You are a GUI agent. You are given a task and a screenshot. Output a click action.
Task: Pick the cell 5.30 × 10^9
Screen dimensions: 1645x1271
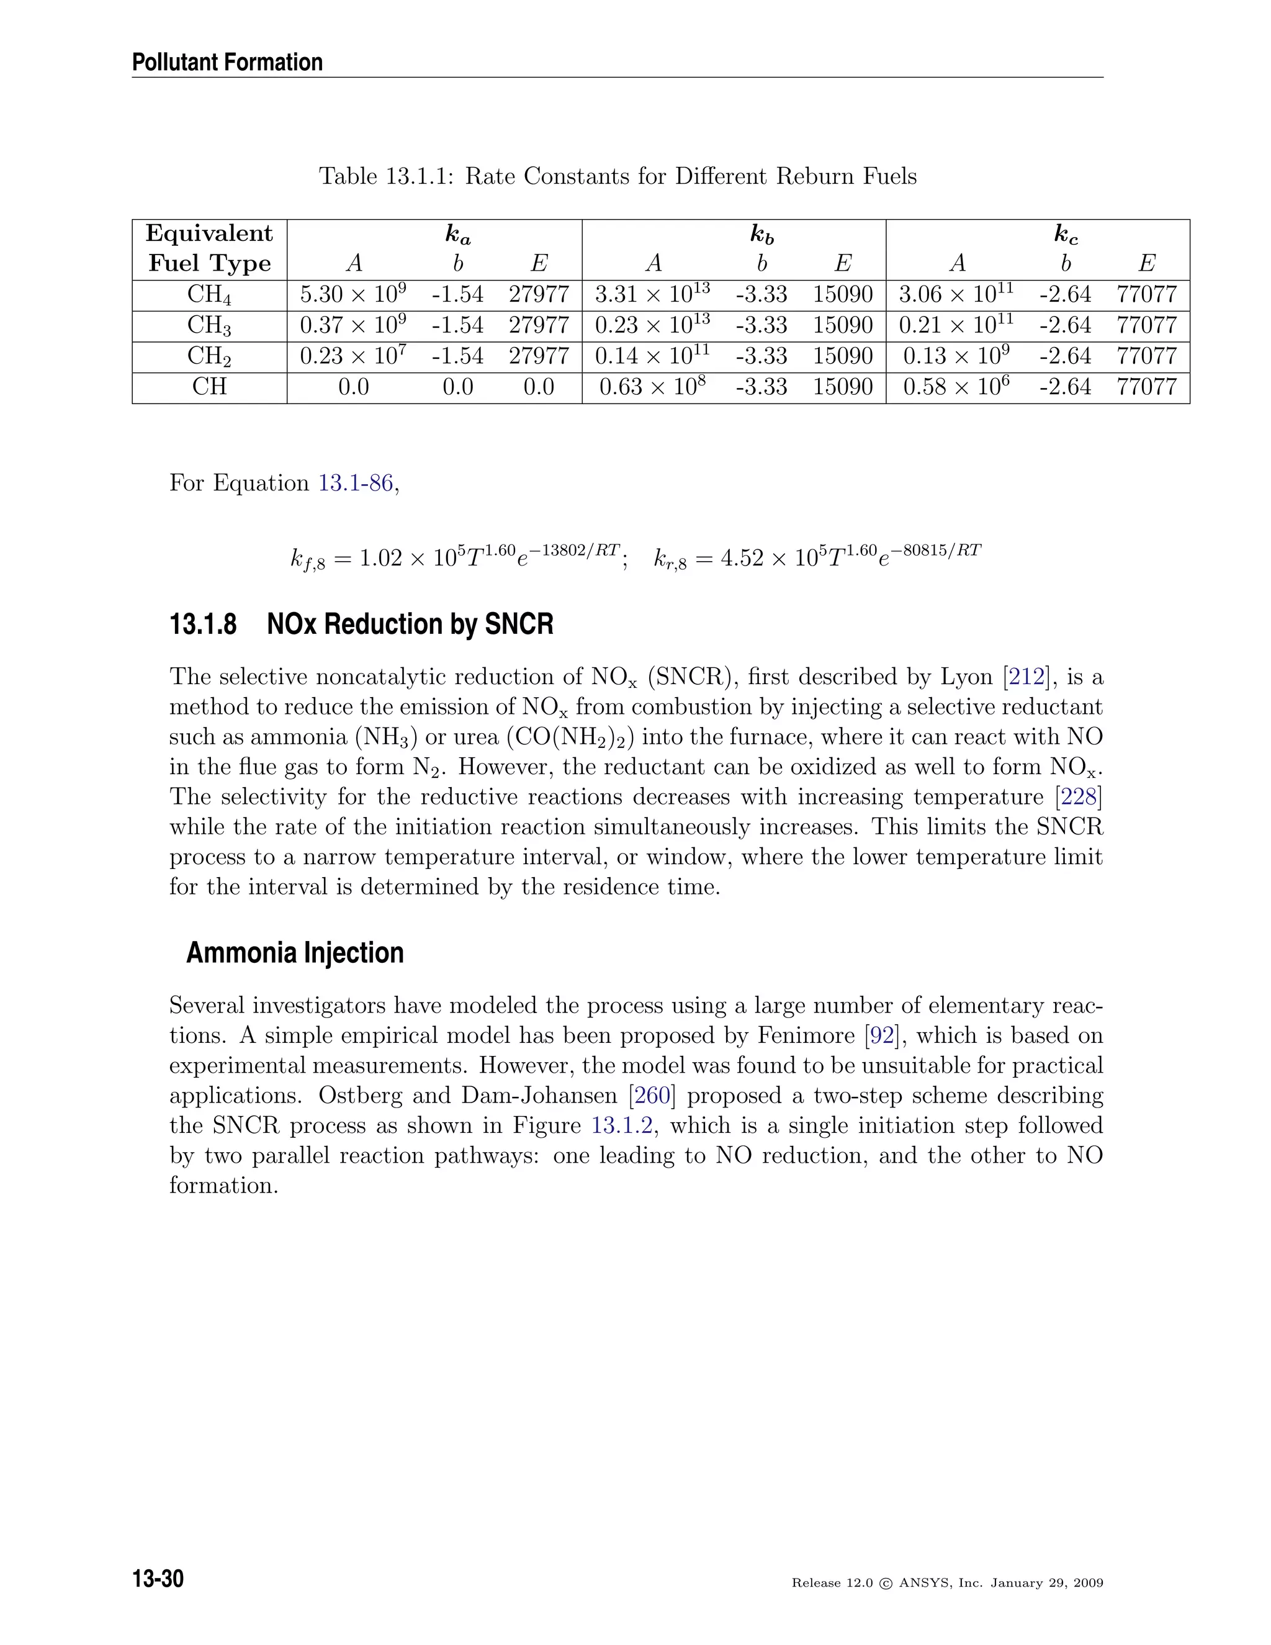tap(353, 294)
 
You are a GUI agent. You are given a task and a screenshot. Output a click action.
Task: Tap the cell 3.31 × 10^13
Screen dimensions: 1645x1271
tap(652, 294)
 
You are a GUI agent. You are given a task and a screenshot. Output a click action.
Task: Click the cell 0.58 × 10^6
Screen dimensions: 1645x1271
tap(956, 387)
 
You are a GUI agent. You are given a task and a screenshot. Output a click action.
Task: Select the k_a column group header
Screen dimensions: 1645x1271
tap(458, 235)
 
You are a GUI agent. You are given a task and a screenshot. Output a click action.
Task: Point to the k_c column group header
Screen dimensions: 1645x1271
tap(1066, 235)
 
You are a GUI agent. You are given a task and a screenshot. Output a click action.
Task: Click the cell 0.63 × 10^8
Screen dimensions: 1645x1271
tap(652, 387)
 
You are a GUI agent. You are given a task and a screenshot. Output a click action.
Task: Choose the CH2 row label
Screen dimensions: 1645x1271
tap(209, 356)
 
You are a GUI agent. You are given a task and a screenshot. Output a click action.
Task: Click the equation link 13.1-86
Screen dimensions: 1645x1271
tap(356, 483)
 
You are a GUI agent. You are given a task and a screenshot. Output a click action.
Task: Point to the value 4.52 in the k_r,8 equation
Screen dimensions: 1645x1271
tap(742, 559)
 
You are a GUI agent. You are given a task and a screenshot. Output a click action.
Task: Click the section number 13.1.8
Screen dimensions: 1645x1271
tap(204, 624)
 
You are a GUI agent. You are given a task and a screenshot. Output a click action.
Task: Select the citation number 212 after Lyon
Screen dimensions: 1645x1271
tap(1027, 677)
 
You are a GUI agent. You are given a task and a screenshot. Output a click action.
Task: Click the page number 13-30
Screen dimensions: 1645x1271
tap(158, 1578)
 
